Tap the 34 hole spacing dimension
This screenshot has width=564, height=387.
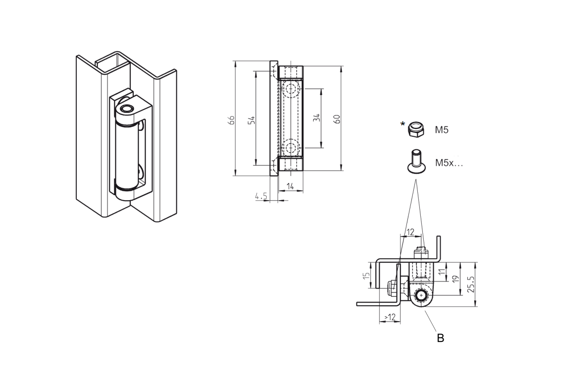click(x=317, y=118)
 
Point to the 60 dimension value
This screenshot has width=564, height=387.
click(x=337, y=119)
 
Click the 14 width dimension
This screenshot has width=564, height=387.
click(x=290, y=186)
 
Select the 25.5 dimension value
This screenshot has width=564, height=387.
click(x=471, y=284)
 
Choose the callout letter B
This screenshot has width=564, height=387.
click(x=440, y=338)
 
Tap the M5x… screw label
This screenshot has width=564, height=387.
click(x=449, y=163)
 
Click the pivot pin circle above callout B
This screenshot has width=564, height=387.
click(x=421, y=295)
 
